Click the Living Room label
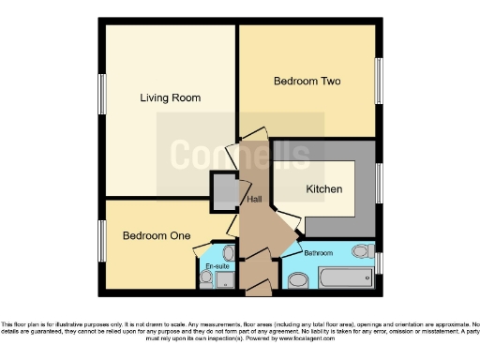170,97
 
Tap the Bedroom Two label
307,82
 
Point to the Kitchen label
324,189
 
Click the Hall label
253,200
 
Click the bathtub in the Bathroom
344,278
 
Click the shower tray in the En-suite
225,279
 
